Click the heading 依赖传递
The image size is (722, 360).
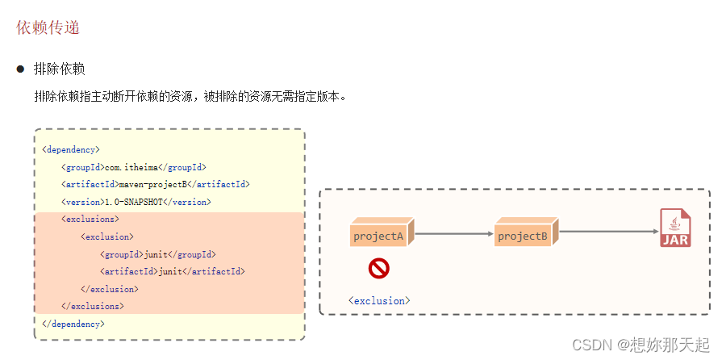pos(48,27)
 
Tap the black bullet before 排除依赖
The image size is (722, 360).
pos(21,69)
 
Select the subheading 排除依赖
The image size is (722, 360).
pos(59,69)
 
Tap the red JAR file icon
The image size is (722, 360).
pos(675,228)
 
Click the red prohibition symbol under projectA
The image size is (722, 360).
pos(379,268)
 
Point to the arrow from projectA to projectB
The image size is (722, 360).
pos(454,234)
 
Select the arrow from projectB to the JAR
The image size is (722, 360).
pos(609,232)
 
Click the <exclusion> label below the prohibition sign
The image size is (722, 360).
pos(379,300)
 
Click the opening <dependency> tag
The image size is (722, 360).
pos(71,149)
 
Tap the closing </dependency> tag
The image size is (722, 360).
pos(73,324)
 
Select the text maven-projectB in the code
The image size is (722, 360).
pos(157,184)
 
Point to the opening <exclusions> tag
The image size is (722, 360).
pos(90,219)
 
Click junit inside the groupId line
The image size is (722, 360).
pos(157,254)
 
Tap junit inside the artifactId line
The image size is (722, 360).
pos(171,271)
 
